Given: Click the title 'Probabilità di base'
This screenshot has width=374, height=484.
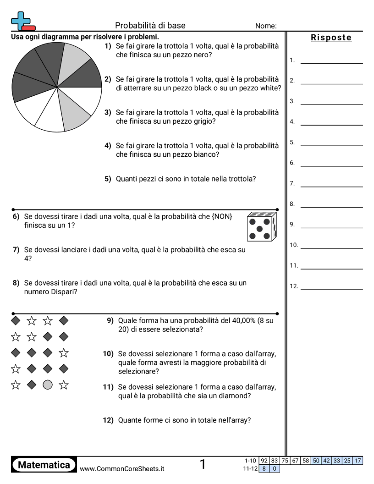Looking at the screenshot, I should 150,26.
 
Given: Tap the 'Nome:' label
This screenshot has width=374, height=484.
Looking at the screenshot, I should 266,26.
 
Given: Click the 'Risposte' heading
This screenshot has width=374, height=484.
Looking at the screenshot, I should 331,38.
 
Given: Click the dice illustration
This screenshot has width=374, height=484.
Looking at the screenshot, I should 262,226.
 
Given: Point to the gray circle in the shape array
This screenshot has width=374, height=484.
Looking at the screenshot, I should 48,385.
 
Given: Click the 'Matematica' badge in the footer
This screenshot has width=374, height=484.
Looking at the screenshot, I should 44,465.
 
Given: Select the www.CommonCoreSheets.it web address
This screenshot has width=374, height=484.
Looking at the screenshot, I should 122,468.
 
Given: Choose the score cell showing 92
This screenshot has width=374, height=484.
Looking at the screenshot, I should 264,461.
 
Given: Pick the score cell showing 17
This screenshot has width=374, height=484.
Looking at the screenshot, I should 358,461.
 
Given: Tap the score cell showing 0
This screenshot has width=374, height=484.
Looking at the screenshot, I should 275,468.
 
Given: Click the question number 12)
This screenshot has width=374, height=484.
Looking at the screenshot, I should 108,420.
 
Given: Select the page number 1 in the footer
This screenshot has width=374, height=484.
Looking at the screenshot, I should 203,465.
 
